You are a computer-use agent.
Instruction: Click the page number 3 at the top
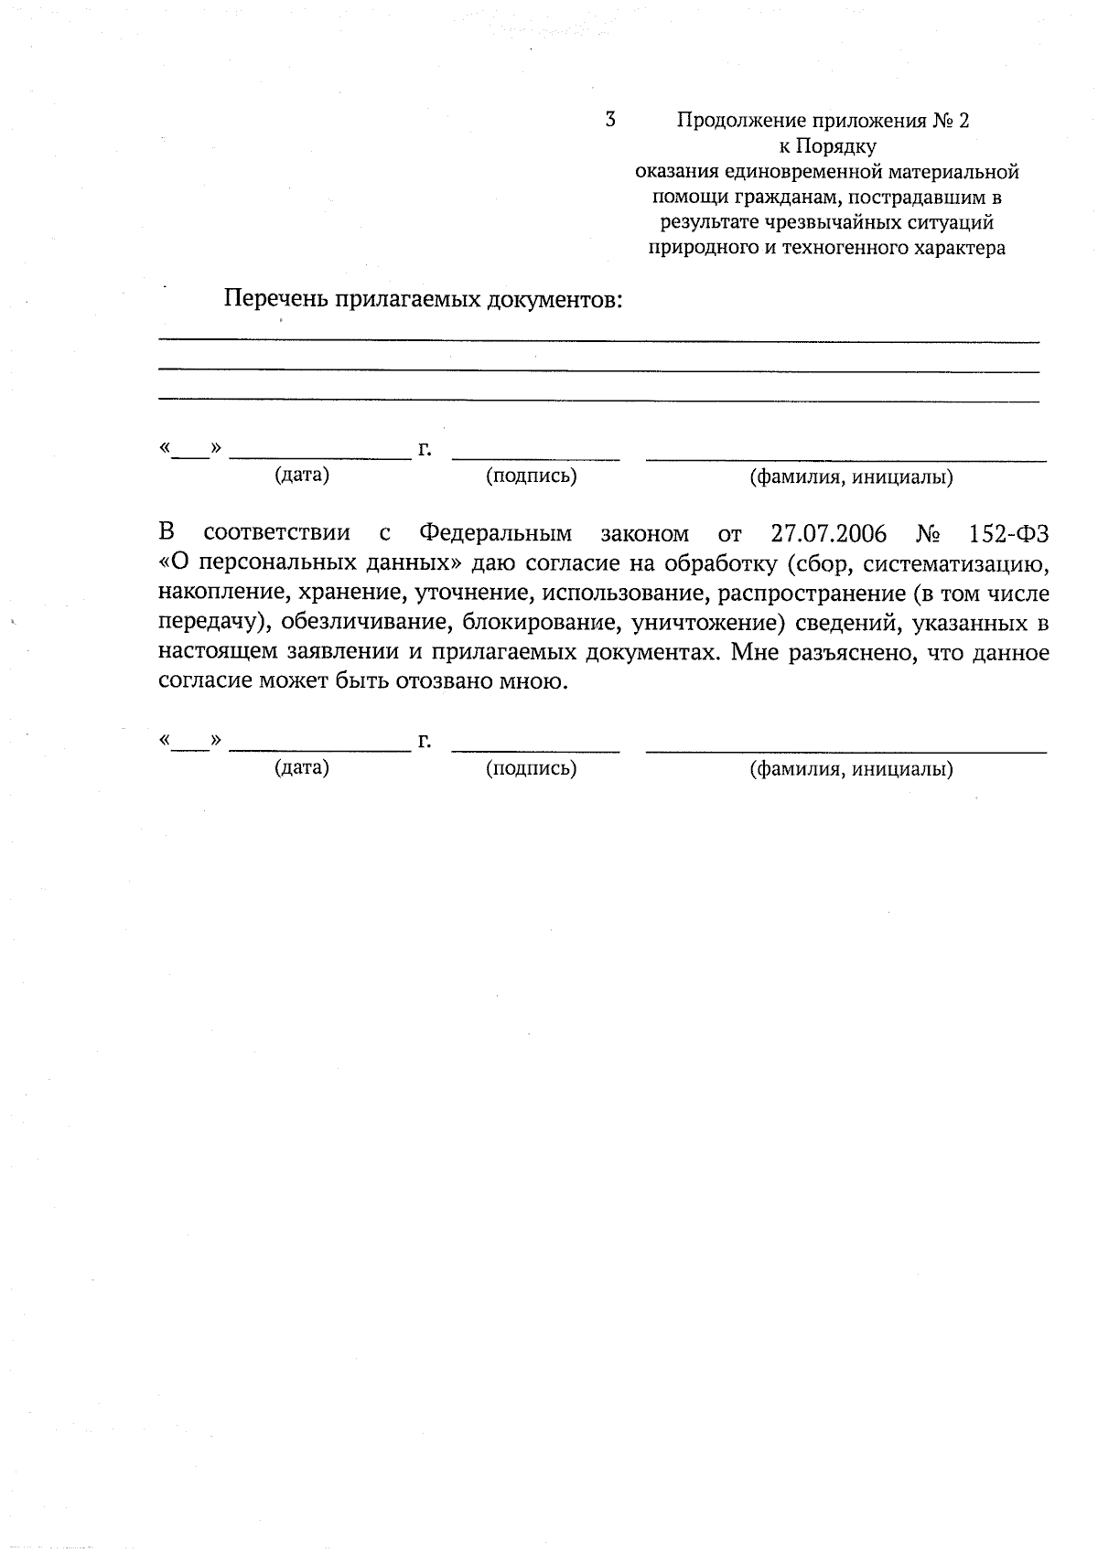(x=610, y=119)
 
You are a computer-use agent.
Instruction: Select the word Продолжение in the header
(x=741, y=120)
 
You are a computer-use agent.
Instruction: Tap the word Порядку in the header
(x=840, y=145)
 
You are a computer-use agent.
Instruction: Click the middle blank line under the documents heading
(x=598, y=370)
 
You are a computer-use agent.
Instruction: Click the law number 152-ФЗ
(x=1008, y=534)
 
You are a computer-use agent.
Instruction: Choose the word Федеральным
(x=495, y=534)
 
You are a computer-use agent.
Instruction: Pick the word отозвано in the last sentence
(x=438, y=683)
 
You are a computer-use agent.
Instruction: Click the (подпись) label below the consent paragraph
(x=532, y=768)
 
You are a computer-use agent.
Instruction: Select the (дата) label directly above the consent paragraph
(x=302, y=476)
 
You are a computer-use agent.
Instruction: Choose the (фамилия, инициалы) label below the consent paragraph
(x=851, y=769)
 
